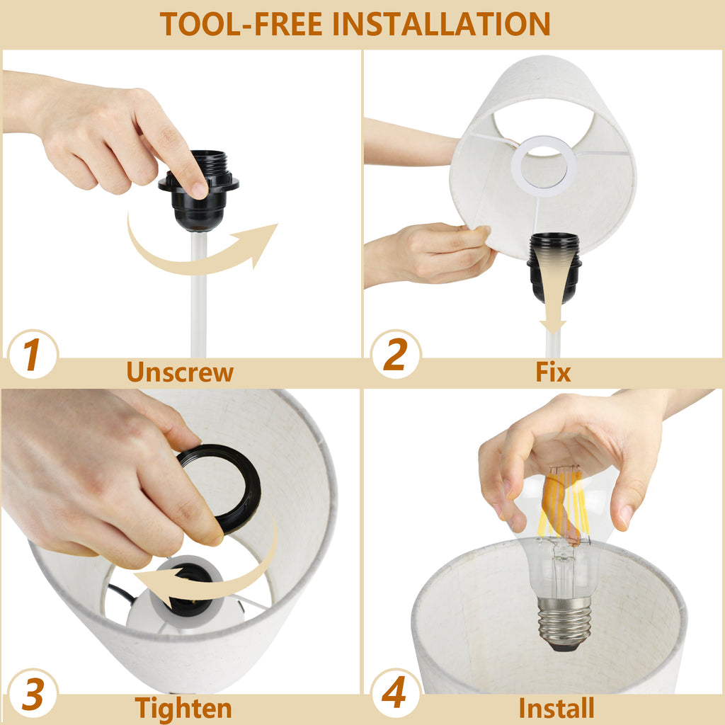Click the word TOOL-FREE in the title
[x=241, y=23]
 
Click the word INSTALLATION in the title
[x=442, y=23]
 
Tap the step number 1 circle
[x=33, y=354]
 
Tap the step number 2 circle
[x=396, y=354]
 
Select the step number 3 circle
[x=33, y=694]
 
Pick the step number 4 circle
[x=395, y=694]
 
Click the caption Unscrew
[x=180, y=372]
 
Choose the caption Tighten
[x=183, y=708]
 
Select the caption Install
[x=556, y=708]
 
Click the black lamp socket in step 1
[x=199, y=190]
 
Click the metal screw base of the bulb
[x=564, y=622]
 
